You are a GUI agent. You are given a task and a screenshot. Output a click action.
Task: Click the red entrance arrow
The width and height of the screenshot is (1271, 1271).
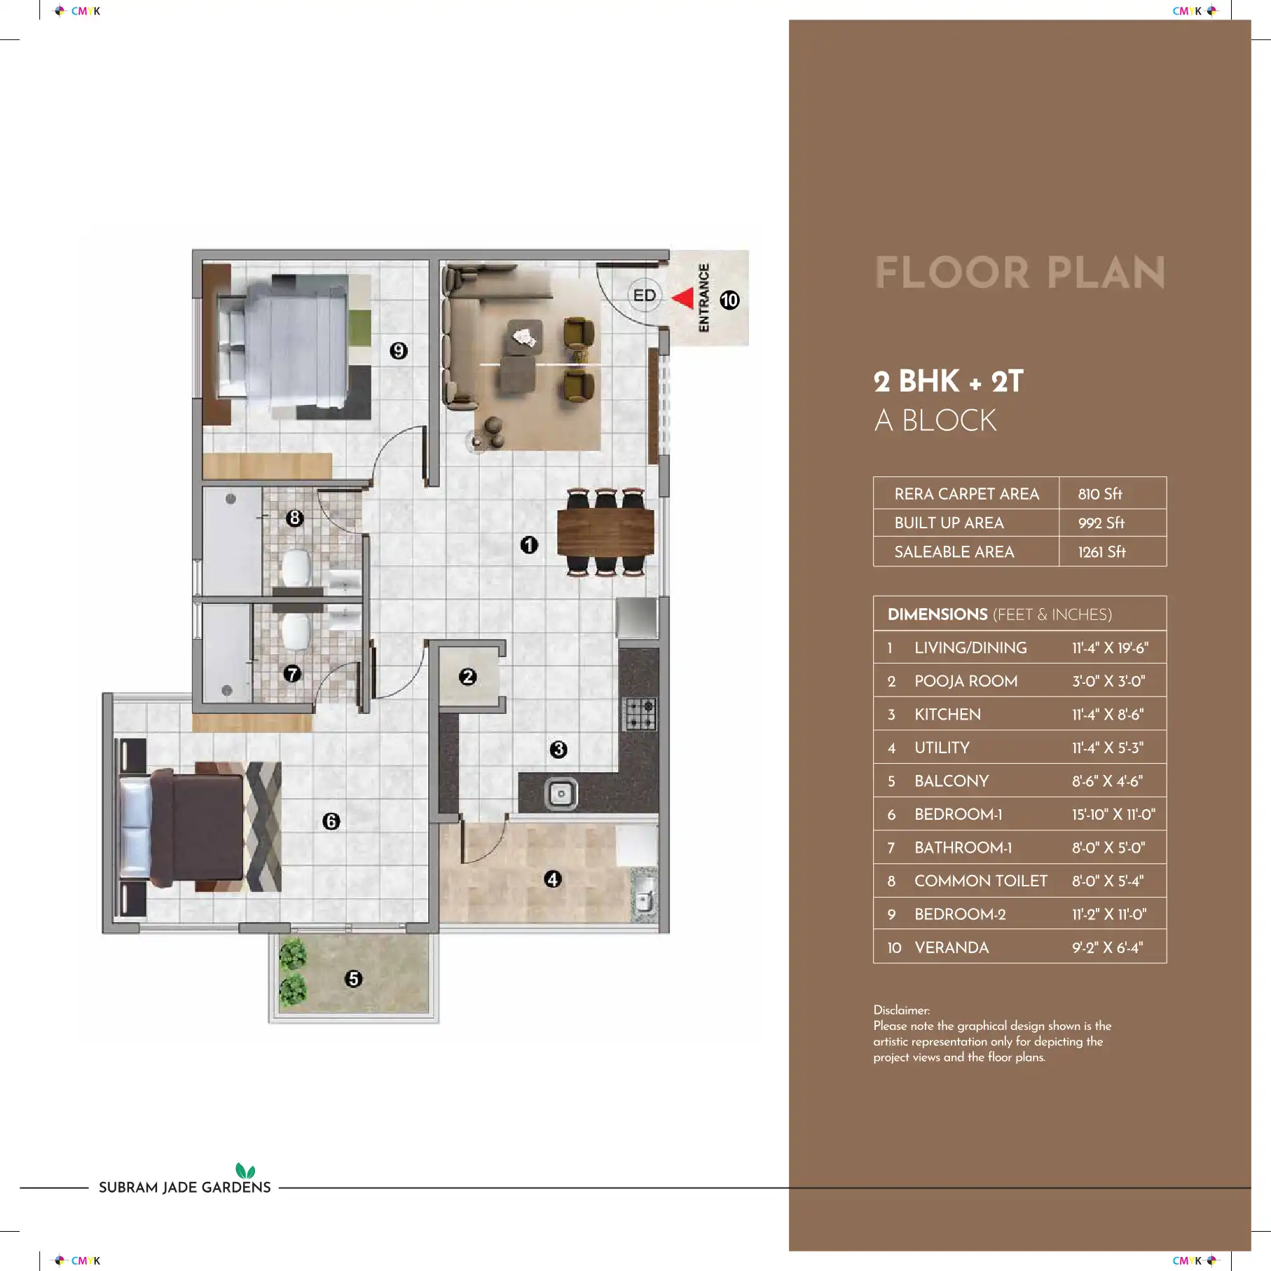[685, 298]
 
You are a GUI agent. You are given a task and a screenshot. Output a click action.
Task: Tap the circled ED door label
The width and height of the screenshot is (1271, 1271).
[645, 295]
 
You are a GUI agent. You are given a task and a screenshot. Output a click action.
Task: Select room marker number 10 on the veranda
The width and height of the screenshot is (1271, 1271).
[729, 300]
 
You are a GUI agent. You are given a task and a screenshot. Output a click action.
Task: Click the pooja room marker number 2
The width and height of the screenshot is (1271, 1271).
[467, 677]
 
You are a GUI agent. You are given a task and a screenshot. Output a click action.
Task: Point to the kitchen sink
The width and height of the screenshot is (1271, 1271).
[561, 794]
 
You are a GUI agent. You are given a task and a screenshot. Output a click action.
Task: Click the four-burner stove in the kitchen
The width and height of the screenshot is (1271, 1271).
[640, 714]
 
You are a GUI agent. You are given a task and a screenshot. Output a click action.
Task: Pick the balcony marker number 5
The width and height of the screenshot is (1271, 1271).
[353, 979]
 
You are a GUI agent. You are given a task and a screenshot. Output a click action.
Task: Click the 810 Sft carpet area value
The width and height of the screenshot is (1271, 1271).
[1100, 494]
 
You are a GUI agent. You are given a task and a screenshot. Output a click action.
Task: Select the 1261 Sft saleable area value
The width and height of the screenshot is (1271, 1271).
[1102, 552]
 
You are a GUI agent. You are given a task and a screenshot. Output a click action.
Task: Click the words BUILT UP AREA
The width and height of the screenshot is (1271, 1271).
[949, 523]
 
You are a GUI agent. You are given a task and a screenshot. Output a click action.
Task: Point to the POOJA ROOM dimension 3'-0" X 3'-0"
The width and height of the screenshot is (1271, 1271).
[1108, 681]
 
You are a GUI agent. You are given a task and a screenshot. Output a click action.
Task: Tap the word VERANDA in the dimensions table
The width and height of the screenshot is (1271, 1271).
[951, 947]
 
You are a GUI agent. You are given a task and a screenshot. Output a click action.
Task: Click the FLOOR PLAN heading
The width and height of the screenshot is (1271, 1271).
[1020, 273]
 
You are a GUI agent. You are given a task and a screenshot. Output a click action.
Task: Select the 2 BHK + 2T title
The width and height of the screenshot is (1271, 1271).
[949, 381]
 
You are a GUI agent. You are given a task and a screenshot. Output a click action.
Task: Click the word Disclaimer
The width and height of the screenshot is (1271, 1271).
[901, 1010]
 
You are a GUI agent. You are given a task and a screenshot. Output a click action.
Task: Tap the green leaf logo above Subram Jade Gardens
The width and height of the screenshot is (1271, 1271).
[245, 1170]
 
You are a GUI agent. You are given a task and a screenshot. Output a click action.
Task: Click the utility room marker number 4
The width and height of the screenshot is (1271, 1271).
[553, 879]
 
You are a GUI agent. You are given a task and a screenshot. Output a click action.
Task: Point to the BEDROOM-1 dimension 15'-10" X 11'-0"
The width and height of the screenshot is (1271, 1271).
[1113, 814]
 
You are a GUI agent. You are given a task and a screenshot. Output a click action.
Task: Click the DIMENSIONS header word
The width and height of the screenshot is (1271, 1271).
[937, 614]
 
